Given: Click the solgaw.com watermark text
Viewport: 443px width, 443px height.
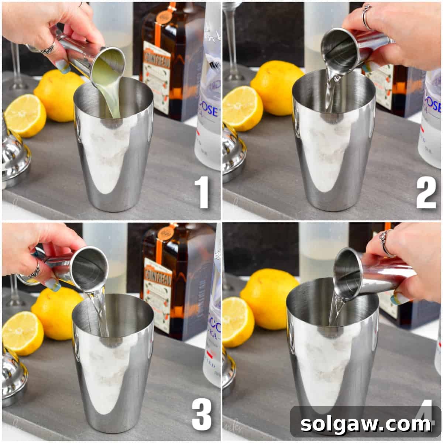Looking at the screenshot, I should tap(365, 424).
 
